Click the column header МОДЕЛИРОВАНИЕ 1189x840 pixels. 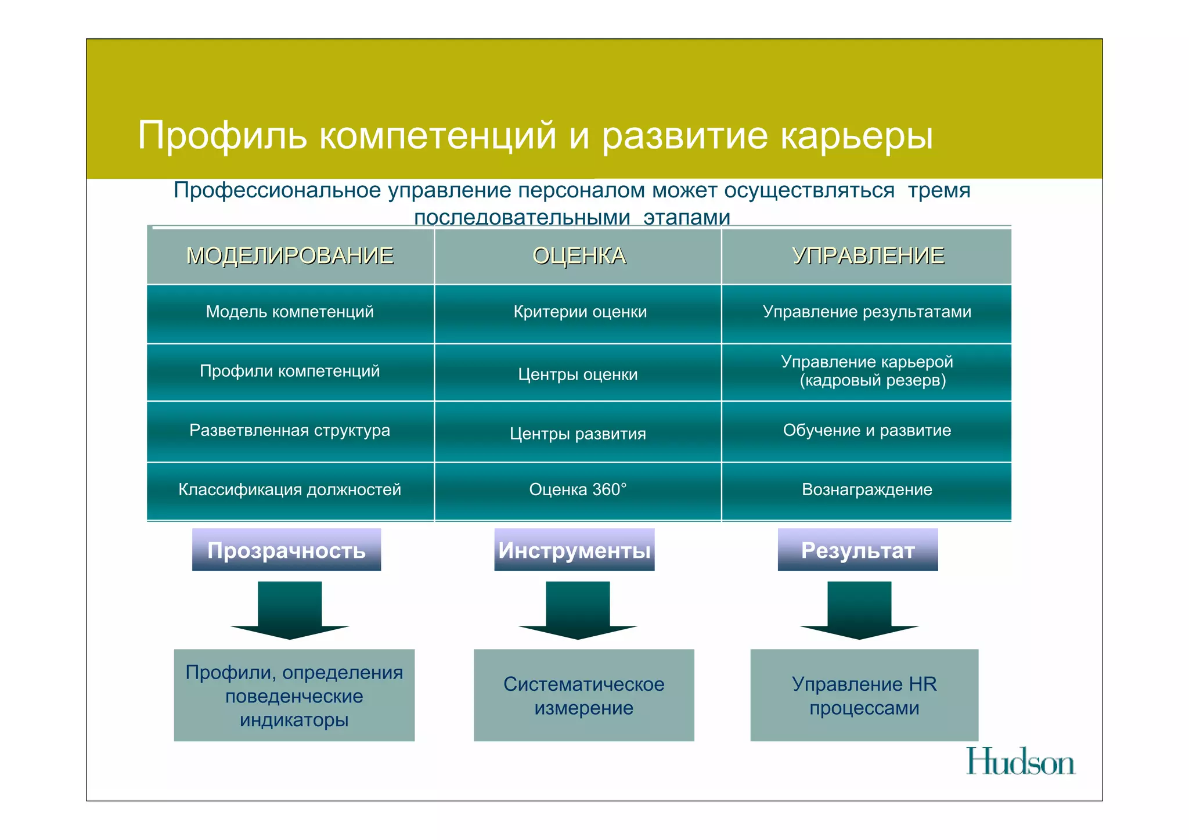pyautogui.click(x=290, y=256)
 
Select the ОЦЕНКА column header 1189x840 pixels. pyautogui.click(x=579, y=256)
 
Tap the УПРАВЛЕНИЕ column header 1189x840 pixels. pyautogui.click(x=868, y=256)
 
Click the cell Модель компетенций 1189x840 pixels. pyautogui.click(x=290, y=312)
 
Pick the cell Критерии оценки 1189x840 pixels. pyautogui.click(x=579, y=312)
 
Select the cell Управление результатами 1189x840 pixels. pyautogui.click(x=867, y=312)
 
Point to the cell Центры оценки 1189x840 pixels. pyautogui.click(x=578, y=374)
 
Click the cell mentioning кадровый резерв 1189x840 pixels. pyautogui.click(x=867, y=371)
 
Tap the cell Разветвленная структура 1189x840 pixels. pyautogui.click(x=290, y=431)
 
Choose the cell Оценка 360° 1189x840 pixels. pyautogui.click(x=578, y=490)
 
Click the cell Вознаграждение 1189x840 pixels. pyautogui.click(x=867, y=490)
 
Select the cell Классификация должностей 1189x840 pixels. pyautogui.click(x=290, y=490)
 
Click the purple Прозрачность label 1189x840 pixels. pyautogui.click(x=287, y=550)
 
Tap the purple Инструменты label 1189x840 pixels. pyautogui.click(x=574, y=550)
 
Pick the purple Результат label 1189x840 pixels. pyautogui.click(x=857, y=550)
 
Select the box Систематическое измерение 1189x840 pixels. pyautogui.click(x=583, y=695)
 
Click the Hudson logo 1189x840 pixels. pyautogui.click(x=1020, y=762)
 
